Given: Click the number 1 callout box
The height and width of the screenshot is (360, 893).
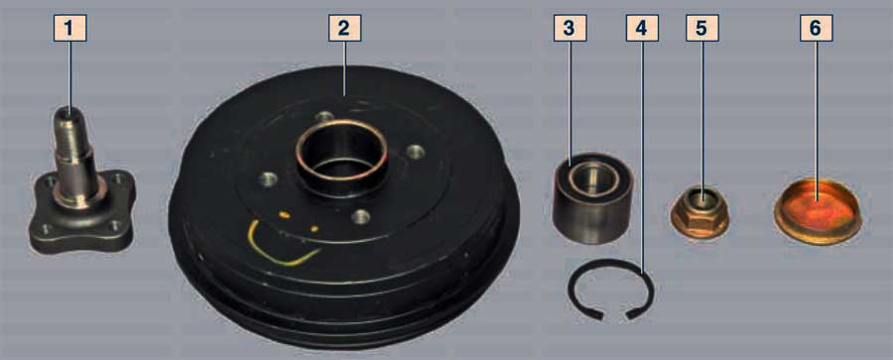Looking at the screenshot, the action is (70, 28).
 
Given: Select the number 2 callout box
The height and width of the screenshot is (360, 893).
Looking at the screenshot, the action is (344, 28).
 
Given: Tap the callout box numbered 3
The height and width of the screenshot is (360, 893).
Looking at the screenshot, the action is (571, 28).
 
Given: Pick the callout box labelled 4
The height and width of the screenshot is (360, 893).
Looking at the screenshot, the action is (642, 28).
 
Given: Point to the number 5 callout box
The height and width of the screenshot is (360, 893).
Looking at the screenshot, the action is (702, 28).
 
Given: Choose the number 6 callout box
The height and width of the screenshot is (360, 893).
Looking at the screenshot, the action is (817, 28).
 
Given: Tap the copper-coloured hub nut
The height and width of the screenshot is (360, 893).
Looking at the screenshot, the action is (700, 213).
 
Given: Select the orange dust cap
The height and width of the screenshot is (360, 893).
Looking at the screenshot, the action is (819, 211).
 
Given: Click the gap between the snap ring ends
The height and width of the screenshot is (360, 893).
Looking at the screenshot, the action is (614, 314).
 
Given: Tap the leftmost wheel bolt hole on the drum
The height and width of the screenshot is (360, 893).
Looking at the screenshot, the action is (268, 180).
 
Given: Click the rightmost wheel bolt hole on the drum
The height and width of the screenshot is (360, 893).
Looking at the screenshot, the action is (417, 152).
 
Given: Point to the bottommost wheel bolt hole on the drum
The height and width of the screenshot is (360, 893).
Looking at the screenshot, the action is (361, 216).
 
